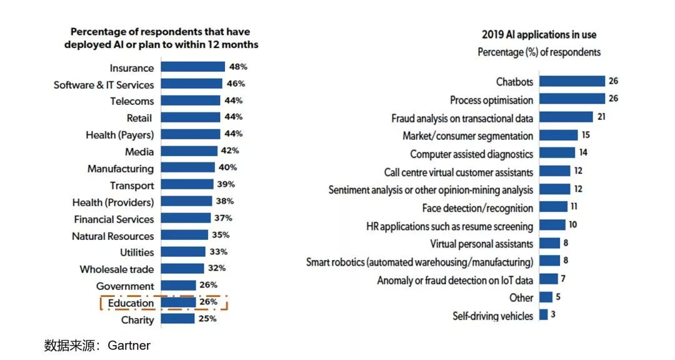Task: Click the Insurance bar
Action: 192,67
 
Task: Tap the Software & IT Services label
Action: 104,84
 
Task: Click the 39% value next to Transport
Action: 226,184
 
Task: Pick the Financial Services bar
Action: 186,218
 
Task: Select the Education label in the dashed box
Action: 131,303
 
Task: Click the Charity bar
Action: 177,319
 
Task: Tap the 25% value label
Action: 207,319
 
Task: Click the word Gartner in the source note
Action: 129,346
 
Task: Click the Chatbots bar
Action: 572,81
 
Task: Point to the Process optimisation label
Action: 491,100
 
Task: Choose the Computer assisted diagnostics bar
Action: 557,152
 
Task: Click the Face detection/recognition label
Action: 477,207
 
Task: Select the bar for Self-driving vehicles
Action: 543,314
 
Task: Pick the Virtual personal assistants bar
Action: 549,243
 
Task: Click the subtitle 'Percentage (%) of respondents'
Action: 539,52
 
